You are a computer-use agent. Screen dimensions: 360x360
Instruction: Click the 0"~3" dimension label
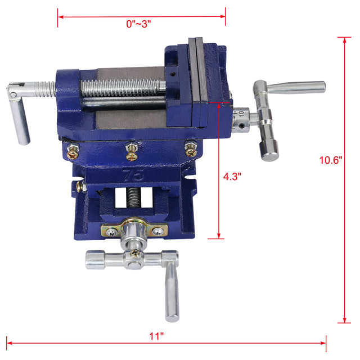point(138,24)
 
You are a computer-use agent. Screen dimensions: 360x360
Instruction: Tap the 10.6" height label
point(331,160)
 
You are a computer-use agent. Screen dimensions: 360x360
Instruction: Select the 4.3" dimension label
point(232,175)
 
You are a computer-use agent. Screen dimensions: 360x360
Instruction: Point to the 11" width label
point(156,336)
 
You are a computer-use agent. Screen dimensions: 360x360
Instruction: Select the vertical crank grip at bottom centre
point(172,292)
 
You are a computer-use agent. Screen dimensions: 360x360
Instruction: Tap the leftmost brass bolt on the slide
point(72,150)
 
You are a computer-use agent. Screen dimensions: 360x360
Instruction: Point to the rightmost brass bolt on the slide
point(191,150)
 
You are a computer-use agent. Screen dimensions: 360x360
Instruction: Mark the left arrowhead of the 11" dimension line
point(9,341)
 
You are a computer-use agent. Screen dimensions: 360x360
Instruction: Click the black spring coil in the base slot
point(133,200)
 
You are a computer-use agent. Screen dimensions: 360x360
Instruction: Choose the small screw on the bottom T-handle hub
point(136,254)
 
